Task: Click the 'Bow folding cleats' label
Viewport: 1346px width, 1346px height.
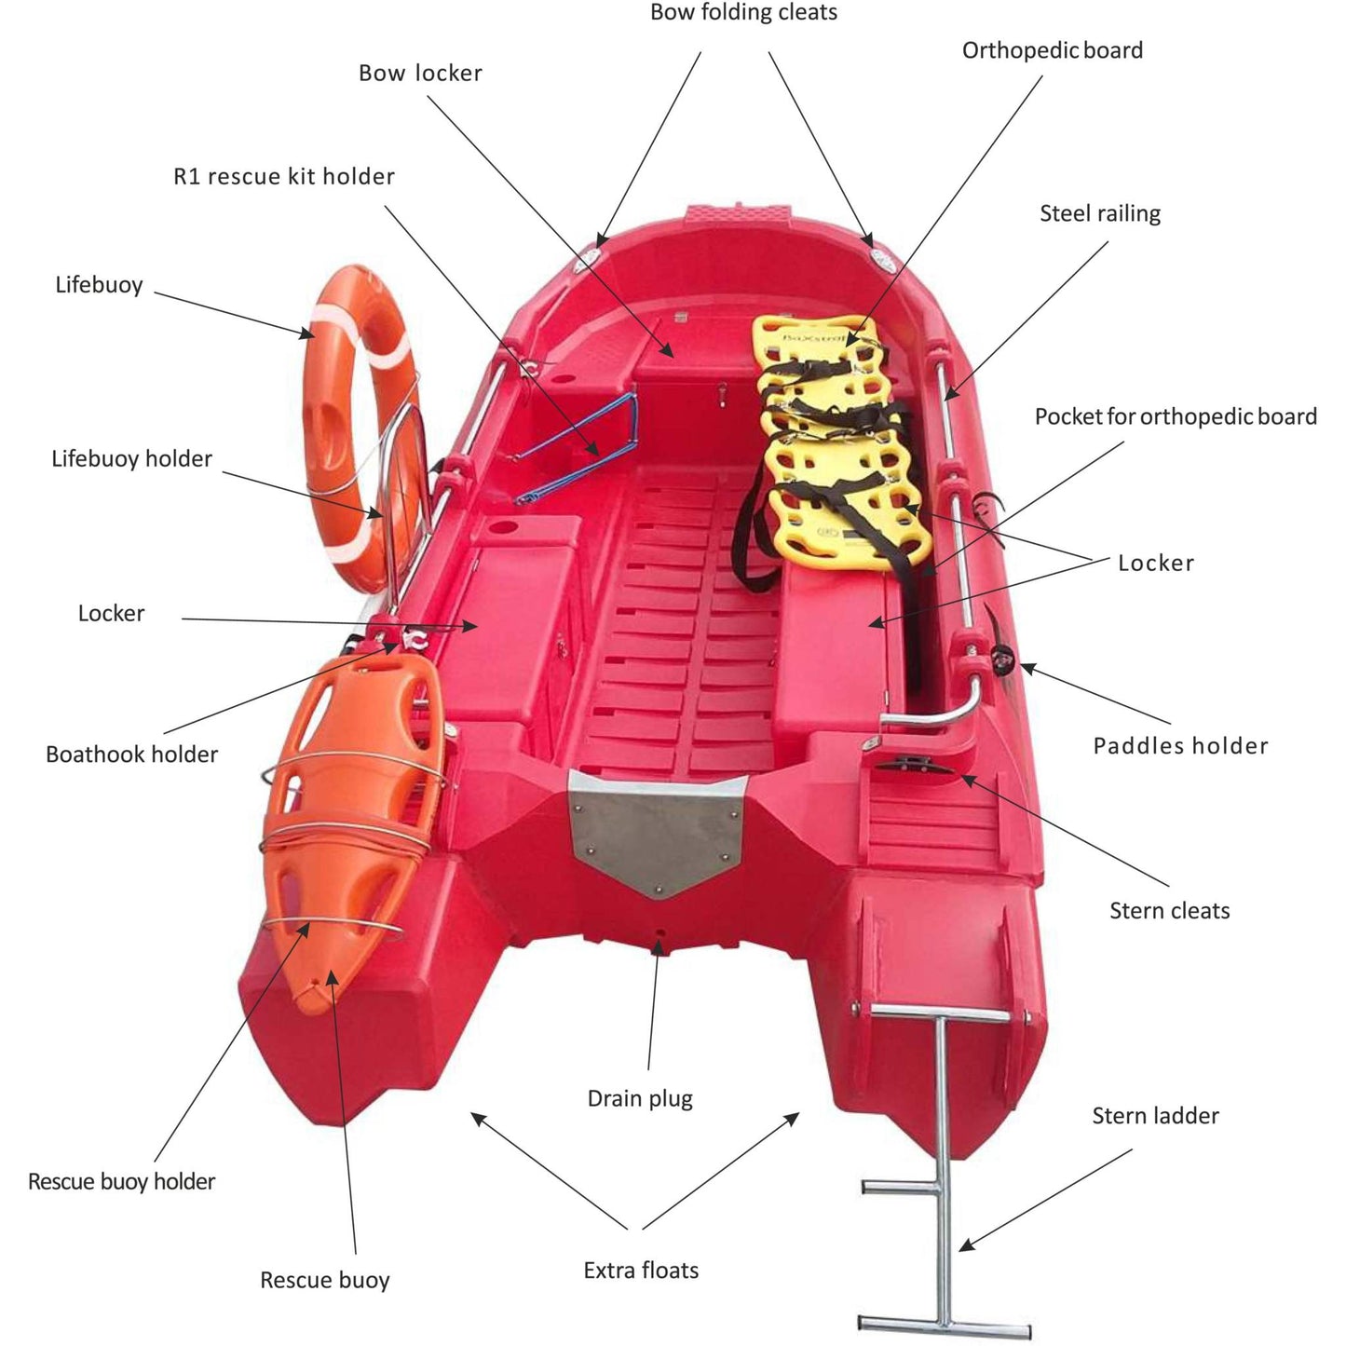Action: [x=743, y=13]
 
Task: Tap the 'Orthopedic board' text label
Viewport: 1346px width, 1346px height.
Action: [x=1052, y=50]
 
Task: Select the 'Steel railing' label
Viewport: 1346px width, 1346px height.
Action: [x=1099, y=213]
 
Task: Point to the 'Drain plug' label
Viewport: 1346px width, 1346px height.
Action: [x=640, y=1098]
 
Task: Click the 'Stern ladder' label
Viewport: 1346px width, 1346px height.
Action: [x=1155, y=1115]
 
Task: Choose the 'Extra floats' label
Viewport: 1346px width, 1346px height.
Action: [x=641, y=1270]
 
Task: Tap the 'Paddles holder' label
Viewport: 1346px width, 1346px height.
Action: [x=1180, y=745]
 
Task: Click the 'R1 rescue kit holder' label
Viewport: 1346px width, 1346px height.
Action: [x=284, y=176]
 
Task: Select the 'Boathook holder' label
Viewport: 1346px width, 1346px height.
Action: [x=131, y=754]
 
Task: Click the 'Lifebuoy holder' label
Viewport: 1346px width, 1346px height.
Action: [x=131, y=458]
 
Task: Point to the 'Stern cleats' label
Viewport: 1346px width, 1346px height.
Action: [x=1169, y=910]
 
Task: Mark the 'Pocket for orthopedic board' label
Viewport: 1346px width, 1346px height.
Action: [x=1176, y=416]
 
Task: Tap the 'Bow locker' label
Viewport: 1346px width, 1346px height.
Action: [x=420, y=73]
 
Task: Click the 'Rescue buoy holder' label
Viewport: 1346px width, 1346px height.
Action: [x=121, y=1181]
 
